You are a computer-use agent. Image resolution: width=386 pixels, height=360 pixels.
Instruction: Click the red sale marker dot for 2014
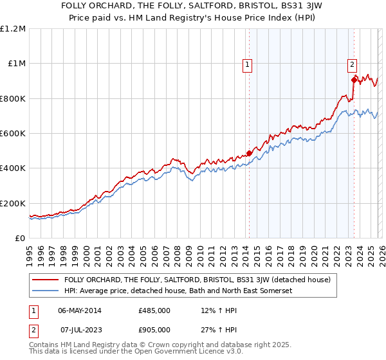pyautogui.click(x=249, y=154)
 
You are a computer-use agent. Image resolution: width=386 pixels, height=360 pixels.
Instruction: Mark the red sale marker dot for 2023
pyautogui.click(x=353, y=80)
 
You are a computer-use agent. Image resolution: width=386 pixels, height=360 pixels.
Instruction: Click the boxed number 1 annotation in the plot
pyautogui.click(x=248, y=64)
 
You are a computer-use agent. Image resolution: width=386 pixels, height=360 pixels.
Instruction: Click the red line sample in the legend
pyautogui.click(x=46, y=280)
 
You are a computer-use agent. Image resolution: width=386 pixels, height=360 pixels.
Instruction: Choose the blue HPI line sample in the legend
pyautogui.click(x=46, y=291)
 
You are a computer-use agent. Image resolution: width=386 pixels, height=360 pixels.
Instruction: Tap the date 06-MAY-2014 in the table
pyautogui.click(x=80, y=310)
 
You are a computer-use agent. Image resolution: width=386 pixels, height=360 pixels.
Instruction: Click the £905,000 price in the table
pyautogui.click(x=154, y=329)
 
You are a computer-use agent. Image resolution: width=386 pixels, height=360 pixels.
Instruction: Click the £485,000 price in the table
pyautogui.click(x=154, y=310)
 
